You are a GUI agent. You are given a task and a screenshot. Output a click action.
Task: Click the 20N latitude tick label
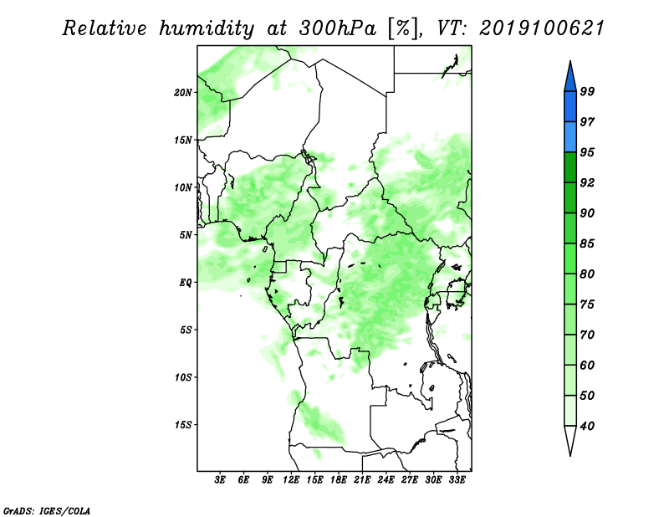(x=183, y=93)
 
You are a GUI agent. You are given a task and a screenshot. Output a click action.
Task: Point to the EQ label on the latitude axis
(x=186, y=283)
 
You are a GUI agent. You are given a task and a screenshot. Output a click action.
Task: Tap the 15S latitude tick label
(x=183, y=425)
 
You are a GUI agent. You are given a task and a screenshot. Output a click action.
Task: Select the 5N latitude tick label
(x=186, y=235)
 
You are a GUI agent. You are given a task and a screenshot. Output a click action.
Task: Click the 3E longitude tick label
(x=220, y=480)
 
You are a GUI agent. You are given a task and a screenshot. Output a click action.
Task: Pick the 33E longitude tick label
(x=457, y=480)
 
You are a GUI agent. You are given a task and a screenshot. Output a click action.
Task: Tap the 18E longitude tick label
(x=339, y=480)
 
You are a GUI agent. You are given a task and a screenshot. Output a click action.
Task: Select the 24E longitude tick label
(x=386, y=480)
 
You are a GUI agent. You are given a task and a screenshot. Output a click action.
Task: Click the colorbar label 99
(x=587, y=91)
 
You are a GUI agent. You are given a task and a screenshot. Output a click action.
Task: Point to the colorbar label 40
(x=587, y=426)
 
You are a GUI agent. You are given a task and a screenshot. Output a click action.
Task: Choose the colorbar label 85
(x=587, y=243)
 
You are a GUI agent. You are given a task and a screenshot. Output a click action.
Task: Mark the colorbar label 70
(x=587, y=335)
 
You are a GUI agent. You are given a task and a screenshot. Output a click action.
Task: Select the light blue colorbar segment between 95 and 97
(x=570, y=137)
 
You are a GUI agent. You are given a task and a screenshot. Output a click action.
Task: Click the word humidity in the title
(x=207, y=28)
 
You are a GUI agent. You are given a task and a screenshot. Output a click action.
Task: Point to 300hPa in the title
(x=338, y=28)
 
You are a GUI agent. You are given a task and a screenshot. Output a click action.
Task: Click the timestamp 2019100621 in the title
(x=542, y=28)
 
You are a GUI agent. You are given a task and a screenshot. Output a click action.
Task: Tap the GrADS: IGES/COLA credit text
(x=47, y=510)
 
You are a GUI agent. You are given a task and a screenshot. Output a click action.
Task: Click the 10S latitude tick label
(x=183, y=377)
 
